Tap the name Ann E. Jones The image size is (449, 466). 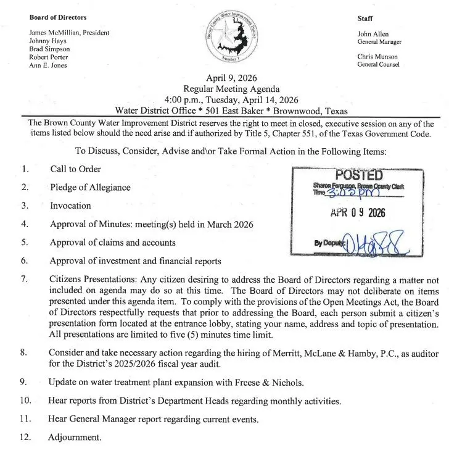tap(48, 65)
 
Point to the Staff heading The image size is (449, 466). tap(365, 19)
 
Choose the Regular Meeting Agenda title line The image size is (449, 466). tap(225, 89)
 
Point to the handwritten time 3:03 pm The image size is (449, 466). tap(345, 193)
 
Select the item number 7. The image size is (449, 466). tap(23, 279)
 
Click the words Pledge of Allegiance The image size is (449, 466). tap(90, 187)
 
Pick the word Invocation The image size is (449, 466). tap(70, 206)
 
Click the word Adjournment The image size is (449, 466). tap(75, 438)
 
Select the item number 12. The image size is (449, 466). tap(25, 438)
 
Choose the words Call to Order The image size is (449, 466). tap(76, 169)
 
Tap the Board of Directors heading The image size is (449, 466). tap(58, 17)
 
